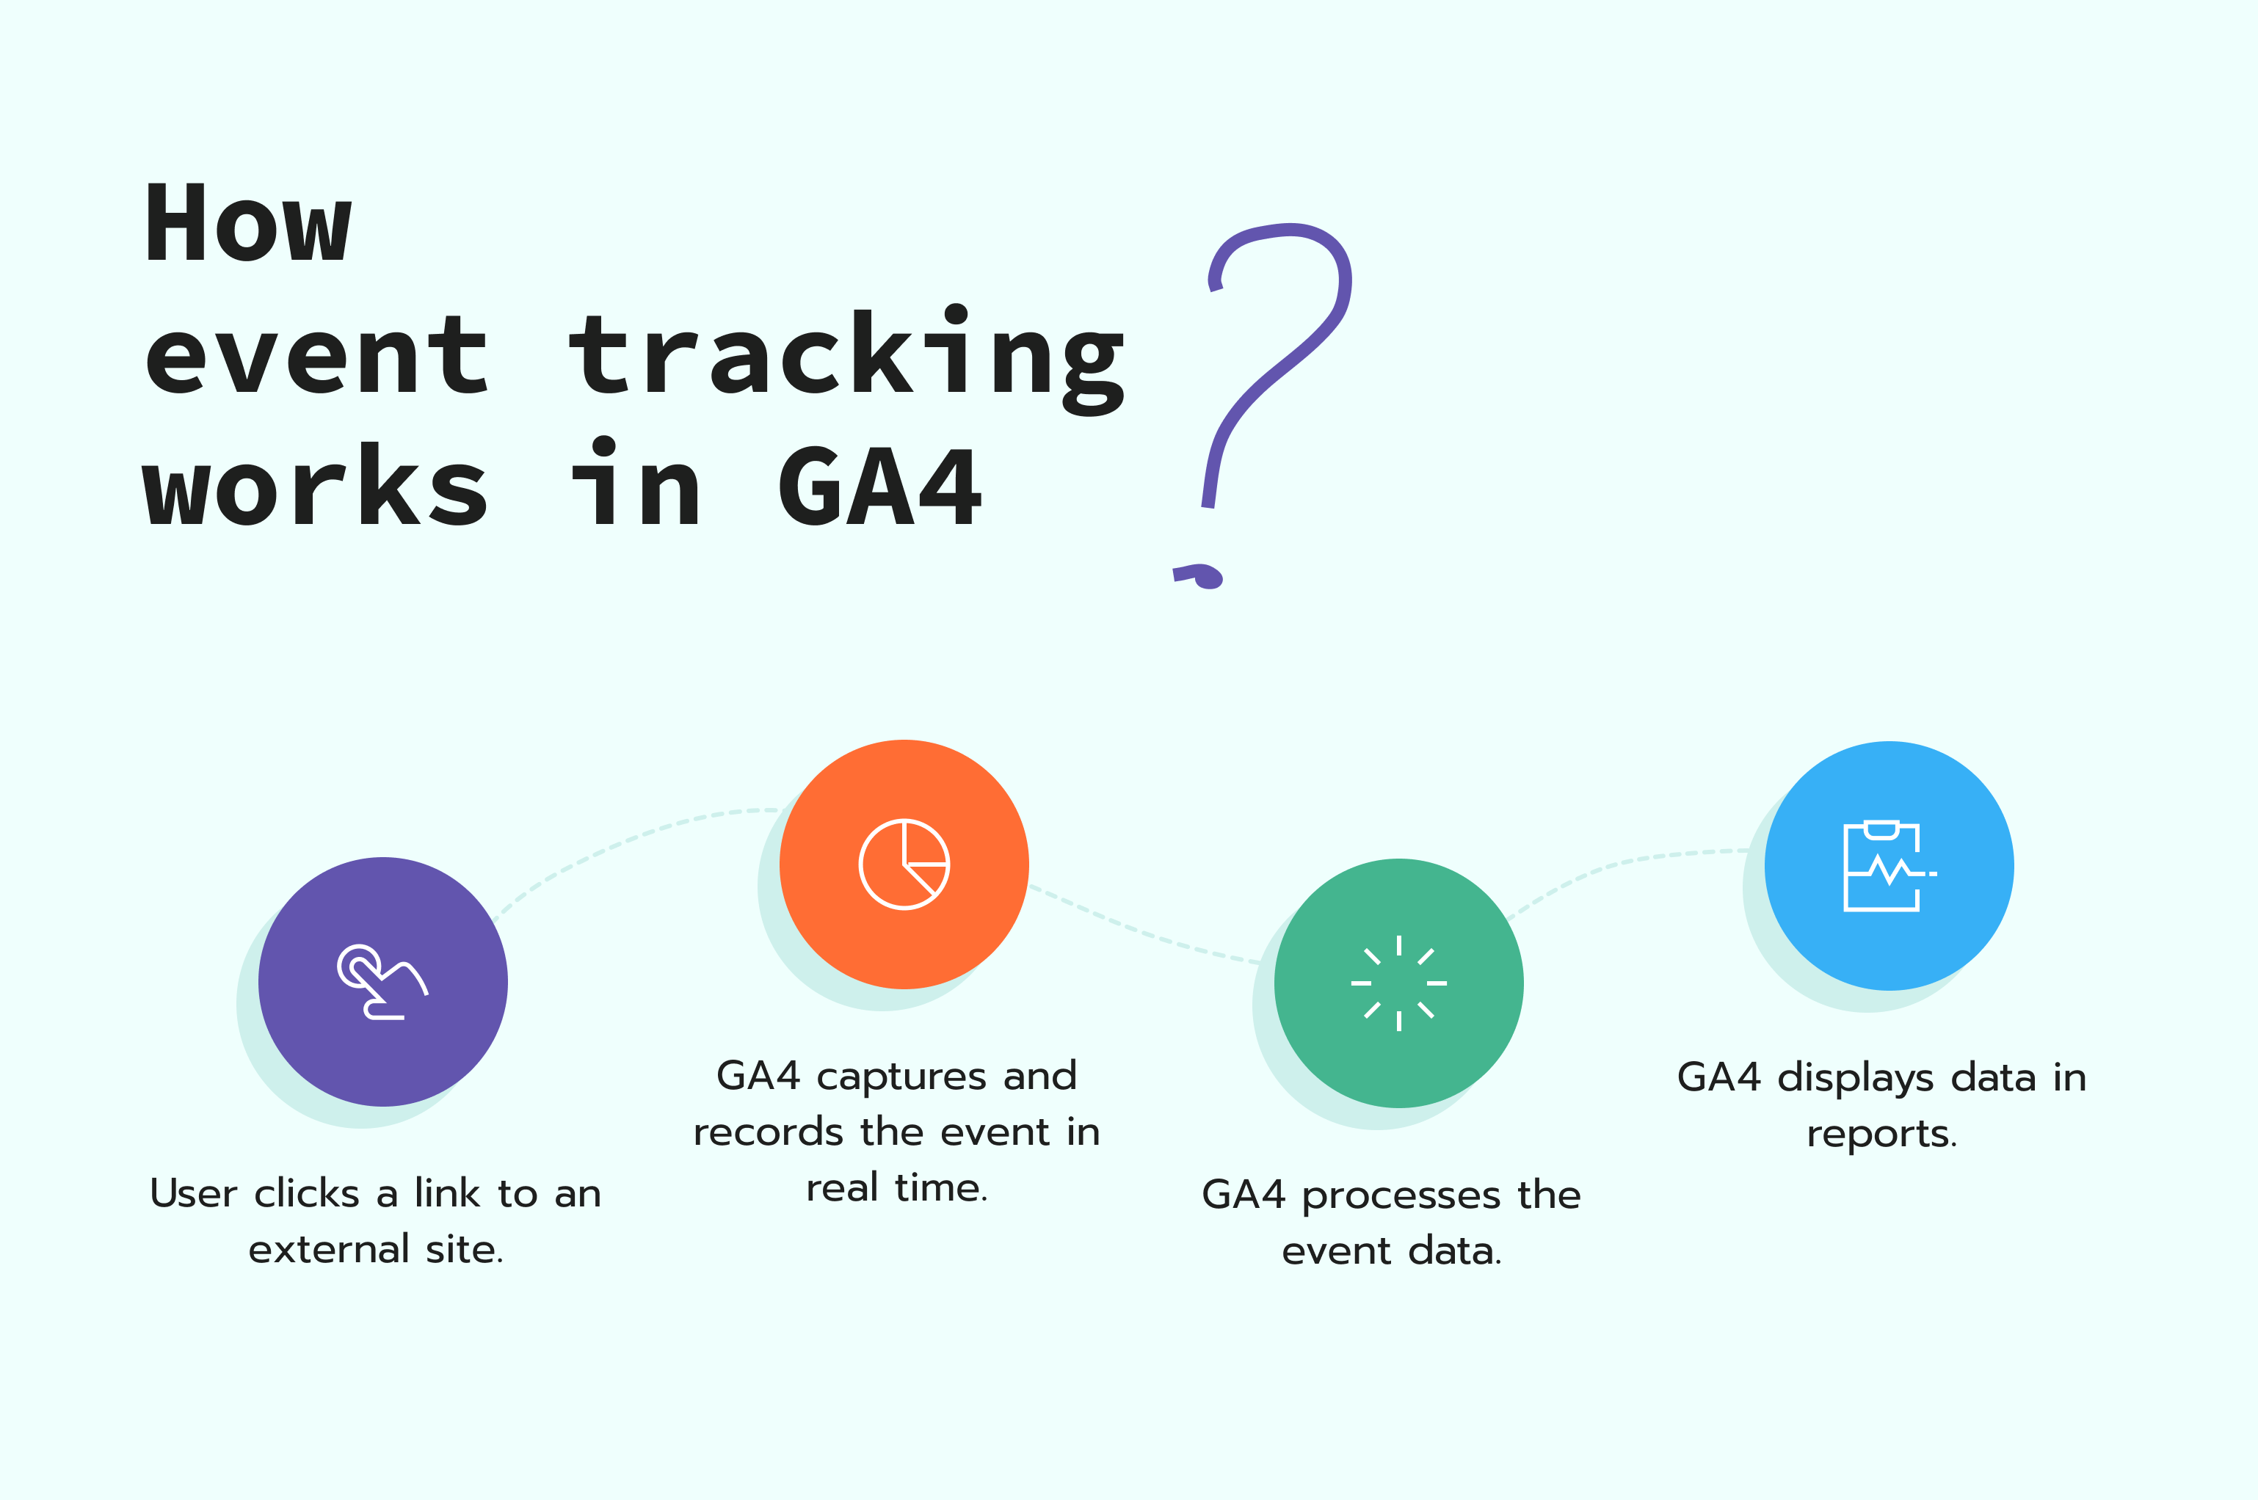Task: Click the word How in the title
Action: tap(249, 221)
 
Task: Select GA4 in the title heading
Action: tap(880, 487)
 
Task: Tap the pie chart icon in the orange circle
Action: tap(904, 864)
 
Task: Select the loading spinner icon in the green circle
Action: tap(1399, 983)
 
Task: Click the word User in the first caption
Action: tap(193, 1194)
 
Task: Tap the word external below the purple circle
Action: tap(329, 1249)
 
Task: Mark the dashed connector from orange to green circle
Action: tap(1144, 930)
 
